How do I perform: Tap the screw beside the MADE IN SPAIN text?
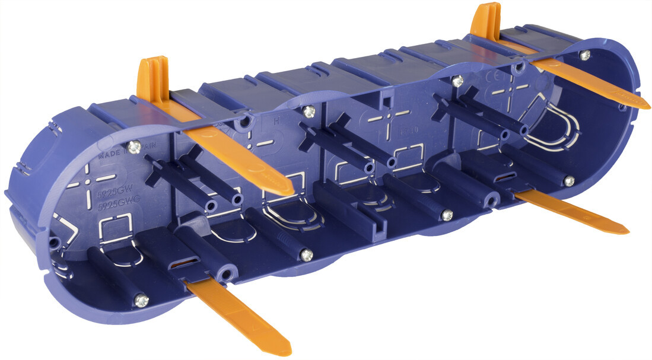135,146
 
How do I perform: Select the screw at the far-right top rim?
585,56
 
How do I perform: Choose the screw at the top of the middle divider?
308,110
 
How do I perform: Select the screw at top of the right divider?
457,81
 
